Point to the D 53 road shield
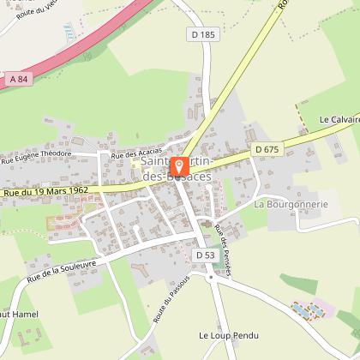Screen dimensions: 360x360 (x=204, y=255)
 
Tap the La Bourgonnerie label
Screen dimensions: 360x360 (x=291, y=205)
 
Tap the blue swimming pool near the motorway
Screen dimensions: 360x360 (x=68, y=31)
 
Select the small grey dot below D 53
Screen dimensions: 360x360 (x=210, y=277)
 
